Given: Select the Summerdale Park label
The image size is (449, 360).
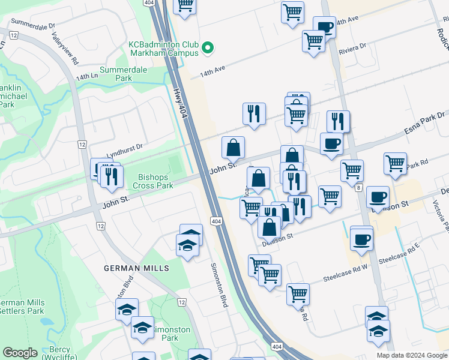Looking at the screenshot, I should coord(115,74).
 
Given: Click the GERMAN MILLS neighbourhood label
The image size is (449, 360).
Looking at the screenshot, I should coord(136,268).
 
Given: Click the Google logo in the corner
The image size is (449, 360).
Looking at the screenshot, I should coord(20,353).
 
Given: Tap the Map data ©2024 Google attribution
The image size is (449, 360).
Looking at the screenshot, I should coord(412,355).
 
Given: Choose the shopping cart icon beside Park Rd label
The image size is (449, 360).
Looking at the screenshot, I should coord(395,163).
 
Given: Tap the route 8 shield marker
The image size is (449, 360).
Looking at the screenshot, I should coord(359,188).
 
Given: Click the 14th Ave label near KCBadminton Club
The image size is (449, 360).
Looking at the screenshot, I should coord(212,70).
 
